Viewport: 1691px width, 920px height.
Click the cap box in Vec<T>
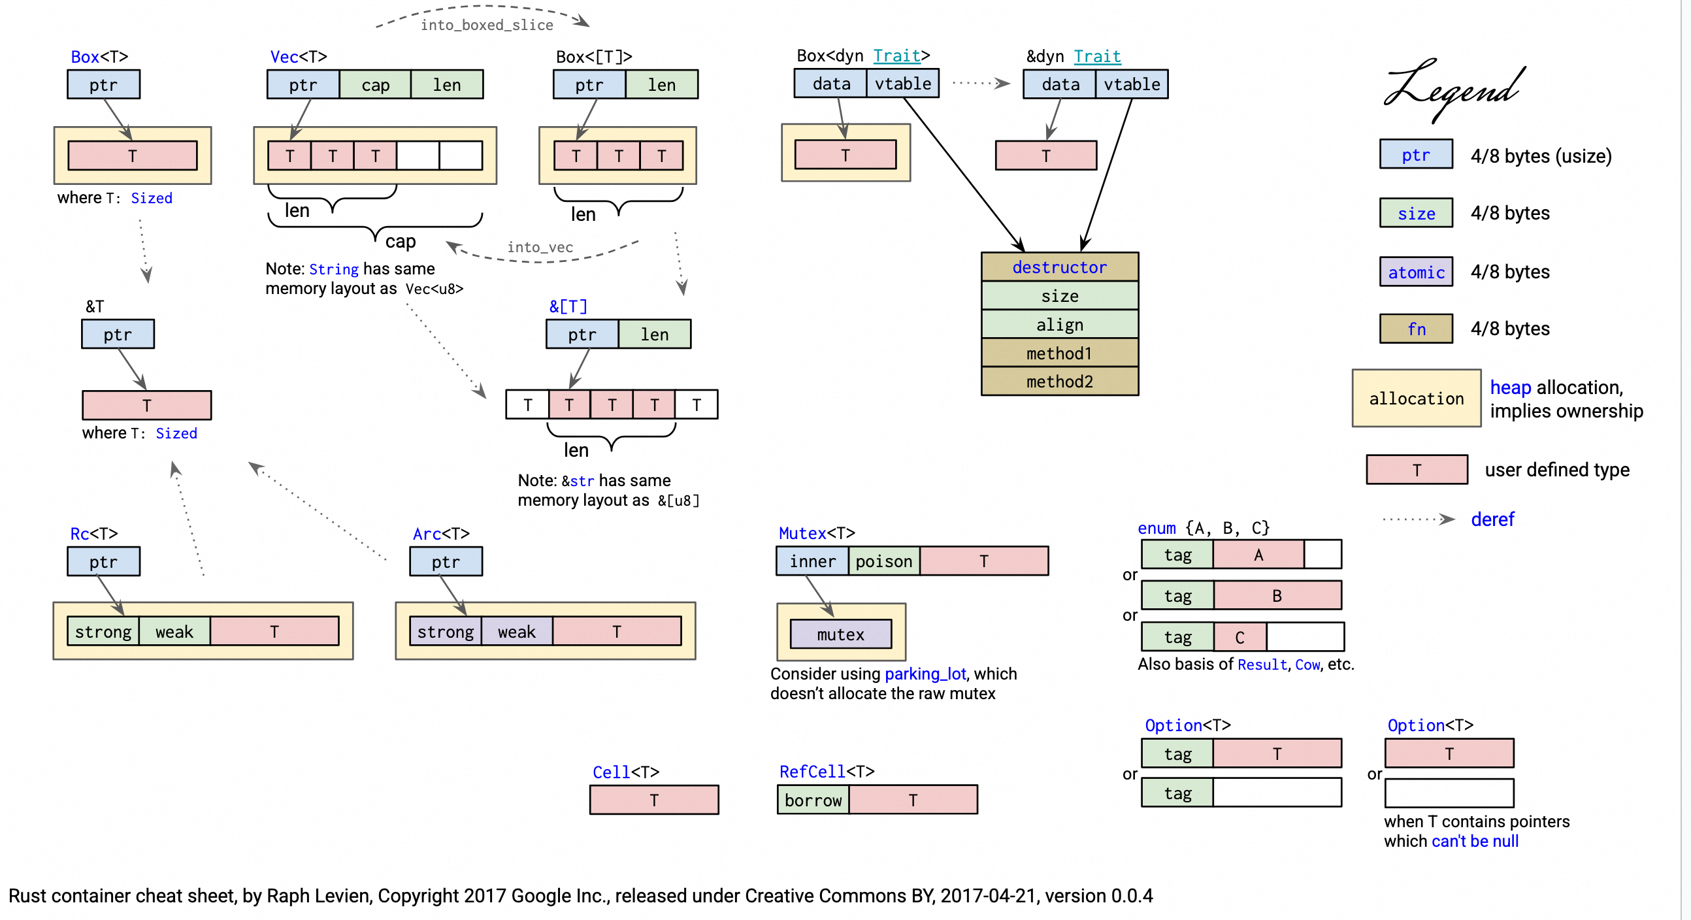coord(375,85)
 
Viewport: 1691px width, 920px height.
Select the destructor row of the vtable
coord(1059,267)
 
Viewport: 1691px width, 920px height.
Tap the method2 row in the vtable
coord(1059,382)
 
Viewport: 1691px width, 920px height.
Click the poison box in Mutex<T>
coord(883,561)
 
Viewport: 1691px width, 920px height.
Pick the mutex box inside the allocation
coord(840,634)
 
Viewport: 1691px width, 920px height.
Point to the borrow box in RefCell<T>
coord(813,800)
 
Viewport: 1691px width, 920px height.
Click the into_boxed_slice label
coord(486,25)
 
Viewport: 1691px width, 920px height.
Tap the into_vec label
coord(540,247)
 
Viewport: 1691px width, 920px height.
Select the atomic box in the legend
coord(1415,272)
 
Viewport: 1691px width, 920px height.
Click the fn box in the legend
coord(1415,329)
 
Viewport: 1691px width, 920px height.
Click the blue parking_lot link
coord(925,674)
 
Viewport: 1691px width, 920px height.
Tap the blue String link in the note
coord(333,269)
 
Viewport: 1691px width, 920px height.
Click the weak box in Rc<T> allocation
coord(174,632)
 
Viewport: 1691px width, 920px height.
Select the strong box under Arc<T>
coord(445,632)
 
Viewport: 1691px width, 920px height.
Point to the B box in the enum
coord(1276,596)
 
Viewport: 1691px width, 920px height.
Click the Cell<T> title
coord(625,772)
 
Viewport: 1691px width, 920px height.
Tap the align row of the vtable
coord(1059,324)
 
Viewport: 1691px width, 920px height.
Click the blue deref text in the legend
coord(1492,519)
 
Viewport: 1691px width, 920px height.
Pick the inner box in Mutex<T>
coord(812,561)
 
